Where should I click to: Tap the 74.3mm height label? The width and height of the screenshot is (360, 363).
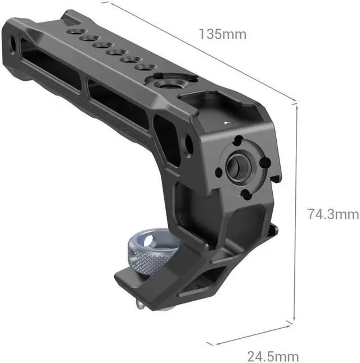332,214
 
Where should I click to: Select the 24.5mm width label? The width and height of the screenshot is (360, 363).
273,356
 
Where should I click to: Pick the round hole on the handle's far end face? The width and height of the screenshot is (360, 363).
13,42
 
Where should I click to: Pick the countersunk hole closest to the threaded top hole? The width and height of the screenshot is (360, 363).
145,67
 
